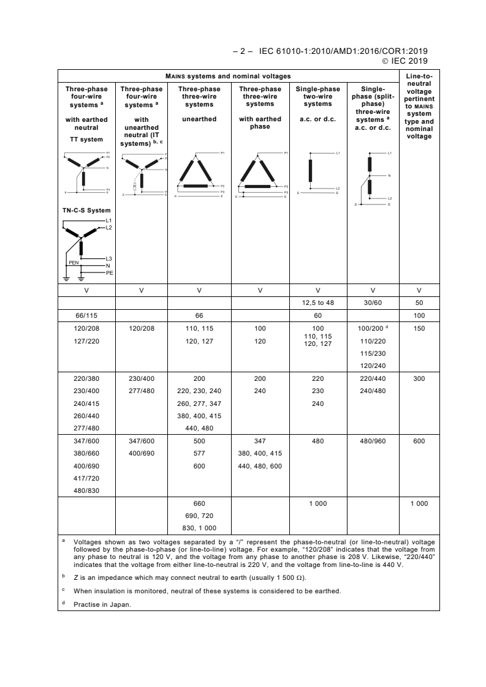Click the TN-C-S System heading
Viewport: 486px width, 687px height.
pos(86,211)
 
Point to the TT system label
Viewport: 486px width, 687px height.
pos(86,140)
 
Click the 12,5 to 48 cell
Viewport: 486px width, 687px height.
pos(317,302)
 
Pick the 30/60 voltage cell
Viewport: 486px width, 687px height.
pos(373,302)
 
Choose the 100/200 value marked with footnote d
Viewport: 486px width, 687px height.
pos(371,328)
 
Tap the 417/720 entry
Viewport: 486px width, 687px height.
pos(86,478)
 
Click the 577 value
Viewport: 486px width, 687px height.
pos(199,454)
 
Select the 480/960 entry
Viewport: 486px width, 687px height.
pos(373,441)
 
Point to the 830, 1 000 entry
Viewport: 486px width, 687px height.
pos(199,528)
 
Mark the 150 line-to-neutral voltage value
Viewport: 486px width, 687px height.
pos(419,328)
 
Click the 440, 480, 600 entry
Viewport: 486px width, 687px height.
pos(260,466)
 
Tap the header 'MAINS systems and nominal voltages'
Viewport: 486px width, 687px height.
pos(228,77)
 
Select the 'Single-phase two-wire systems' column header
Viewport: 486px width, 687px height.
pos(317,96)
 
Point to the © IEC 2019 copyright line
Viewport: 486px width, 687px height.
pos(404,61)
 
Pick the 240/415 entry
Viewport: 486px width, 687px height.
pos(86,404)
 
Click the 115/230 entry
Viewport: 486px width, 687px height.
pos(373,353)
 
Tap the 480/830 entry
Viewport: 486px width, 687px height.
pos(86,490)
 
